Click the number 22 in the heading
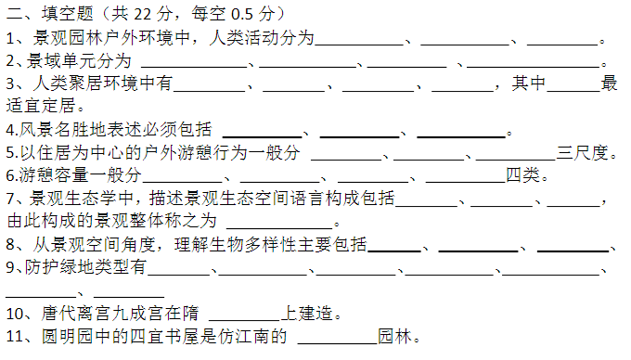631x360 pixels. (x=143, y=14)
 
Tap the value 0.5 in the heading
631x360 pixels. (x=242, y=14)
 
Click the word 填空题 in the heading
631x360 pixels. (x=67, y=14)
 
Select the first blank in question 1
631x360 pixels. (x=359, y=45)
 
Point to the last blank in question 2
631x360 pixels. (x=534, y=67)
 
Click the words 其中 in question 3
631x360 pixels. (x=529, y=84)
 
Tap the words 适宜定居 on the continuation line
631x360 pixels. (x=41, y=106)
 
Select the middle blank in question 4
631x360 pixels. (x=360, y=136)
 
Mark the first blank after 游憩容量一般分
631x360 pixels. (x=183, y=182)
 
